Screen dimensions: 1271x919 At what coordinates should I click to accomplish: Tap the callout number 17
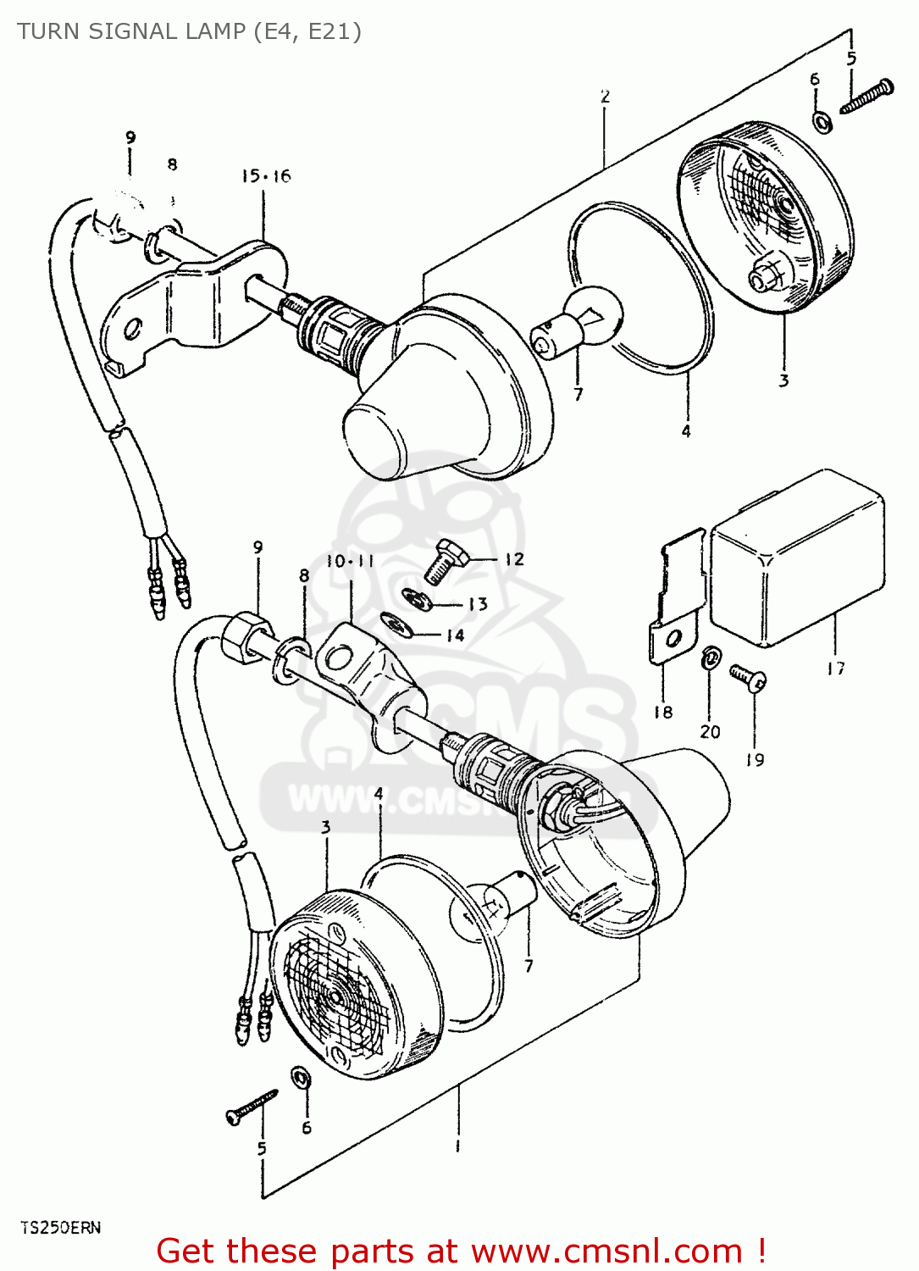tap(836, 669)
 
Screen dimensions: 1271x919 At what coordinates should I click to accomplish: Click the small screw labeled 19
tap(749, 677)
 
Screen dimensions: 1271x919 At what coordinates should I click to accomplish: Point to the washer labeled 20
tap(711, 658)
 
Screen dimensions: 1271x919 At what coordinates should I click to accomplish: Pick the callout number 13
tap(478, 604)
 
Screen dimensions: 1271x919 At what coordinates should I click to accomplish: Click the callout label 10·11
tap(350, 561)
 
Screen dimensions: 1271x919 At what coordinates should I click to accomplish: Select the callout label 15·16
tap(265, 176)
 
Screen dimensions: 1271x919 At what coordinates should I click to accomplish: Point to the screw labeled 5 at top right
tap(866, 96)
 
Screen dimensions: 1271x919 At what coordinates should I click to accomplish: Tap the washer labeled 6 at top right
tap(821, 122)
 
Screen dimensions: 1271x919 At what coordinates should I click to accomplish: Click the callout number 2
tap(605, 97)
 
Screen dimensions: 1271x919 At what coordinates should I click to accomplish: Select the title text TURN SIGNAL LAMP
tap(131, 31)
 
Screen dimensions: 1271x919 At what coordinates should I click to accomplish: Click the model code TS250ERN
tap(60, 1228)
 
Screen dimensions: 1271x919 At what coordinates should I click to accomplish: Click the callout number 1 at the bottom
tap(457, 1146)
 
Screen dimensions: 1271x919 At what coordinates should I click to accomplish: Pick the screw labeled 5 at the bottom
tap(251, 1107)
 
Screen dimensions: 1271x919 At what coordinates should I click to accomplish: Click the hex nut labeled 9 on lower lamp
tap(245, 637)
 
